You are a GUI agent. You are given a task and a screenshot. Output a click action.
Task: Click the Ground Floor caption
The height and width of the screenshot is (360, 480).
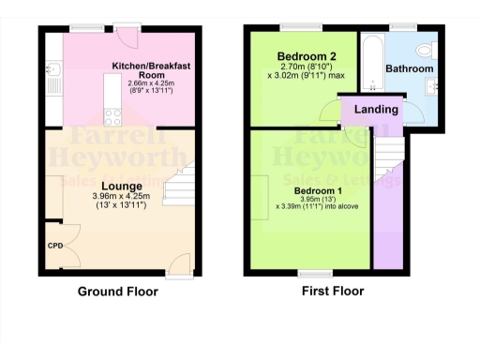point(117,292)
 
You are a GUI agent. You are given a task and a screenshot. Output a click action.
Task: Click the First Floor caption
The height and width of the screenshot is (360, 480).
point(332,292)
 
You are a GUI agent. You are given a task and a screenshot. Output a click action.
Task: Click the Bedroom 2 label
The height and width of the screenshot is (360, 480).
point(299,54)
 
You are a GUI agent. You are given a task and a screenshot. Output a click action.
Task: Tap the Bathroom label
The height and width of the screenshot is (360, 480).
point(410,69)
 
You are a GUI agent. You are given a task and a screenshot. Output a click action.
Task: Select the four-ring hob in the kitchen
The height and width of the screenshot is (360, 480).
point(113,116)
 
